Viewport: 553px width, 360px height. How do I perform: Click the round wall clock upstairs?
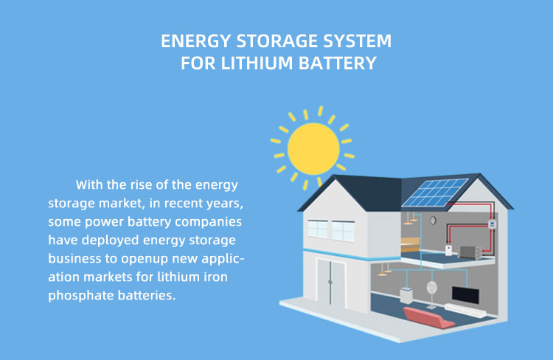434,220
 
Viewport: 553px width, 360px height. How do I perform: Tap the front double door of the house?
330,283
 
